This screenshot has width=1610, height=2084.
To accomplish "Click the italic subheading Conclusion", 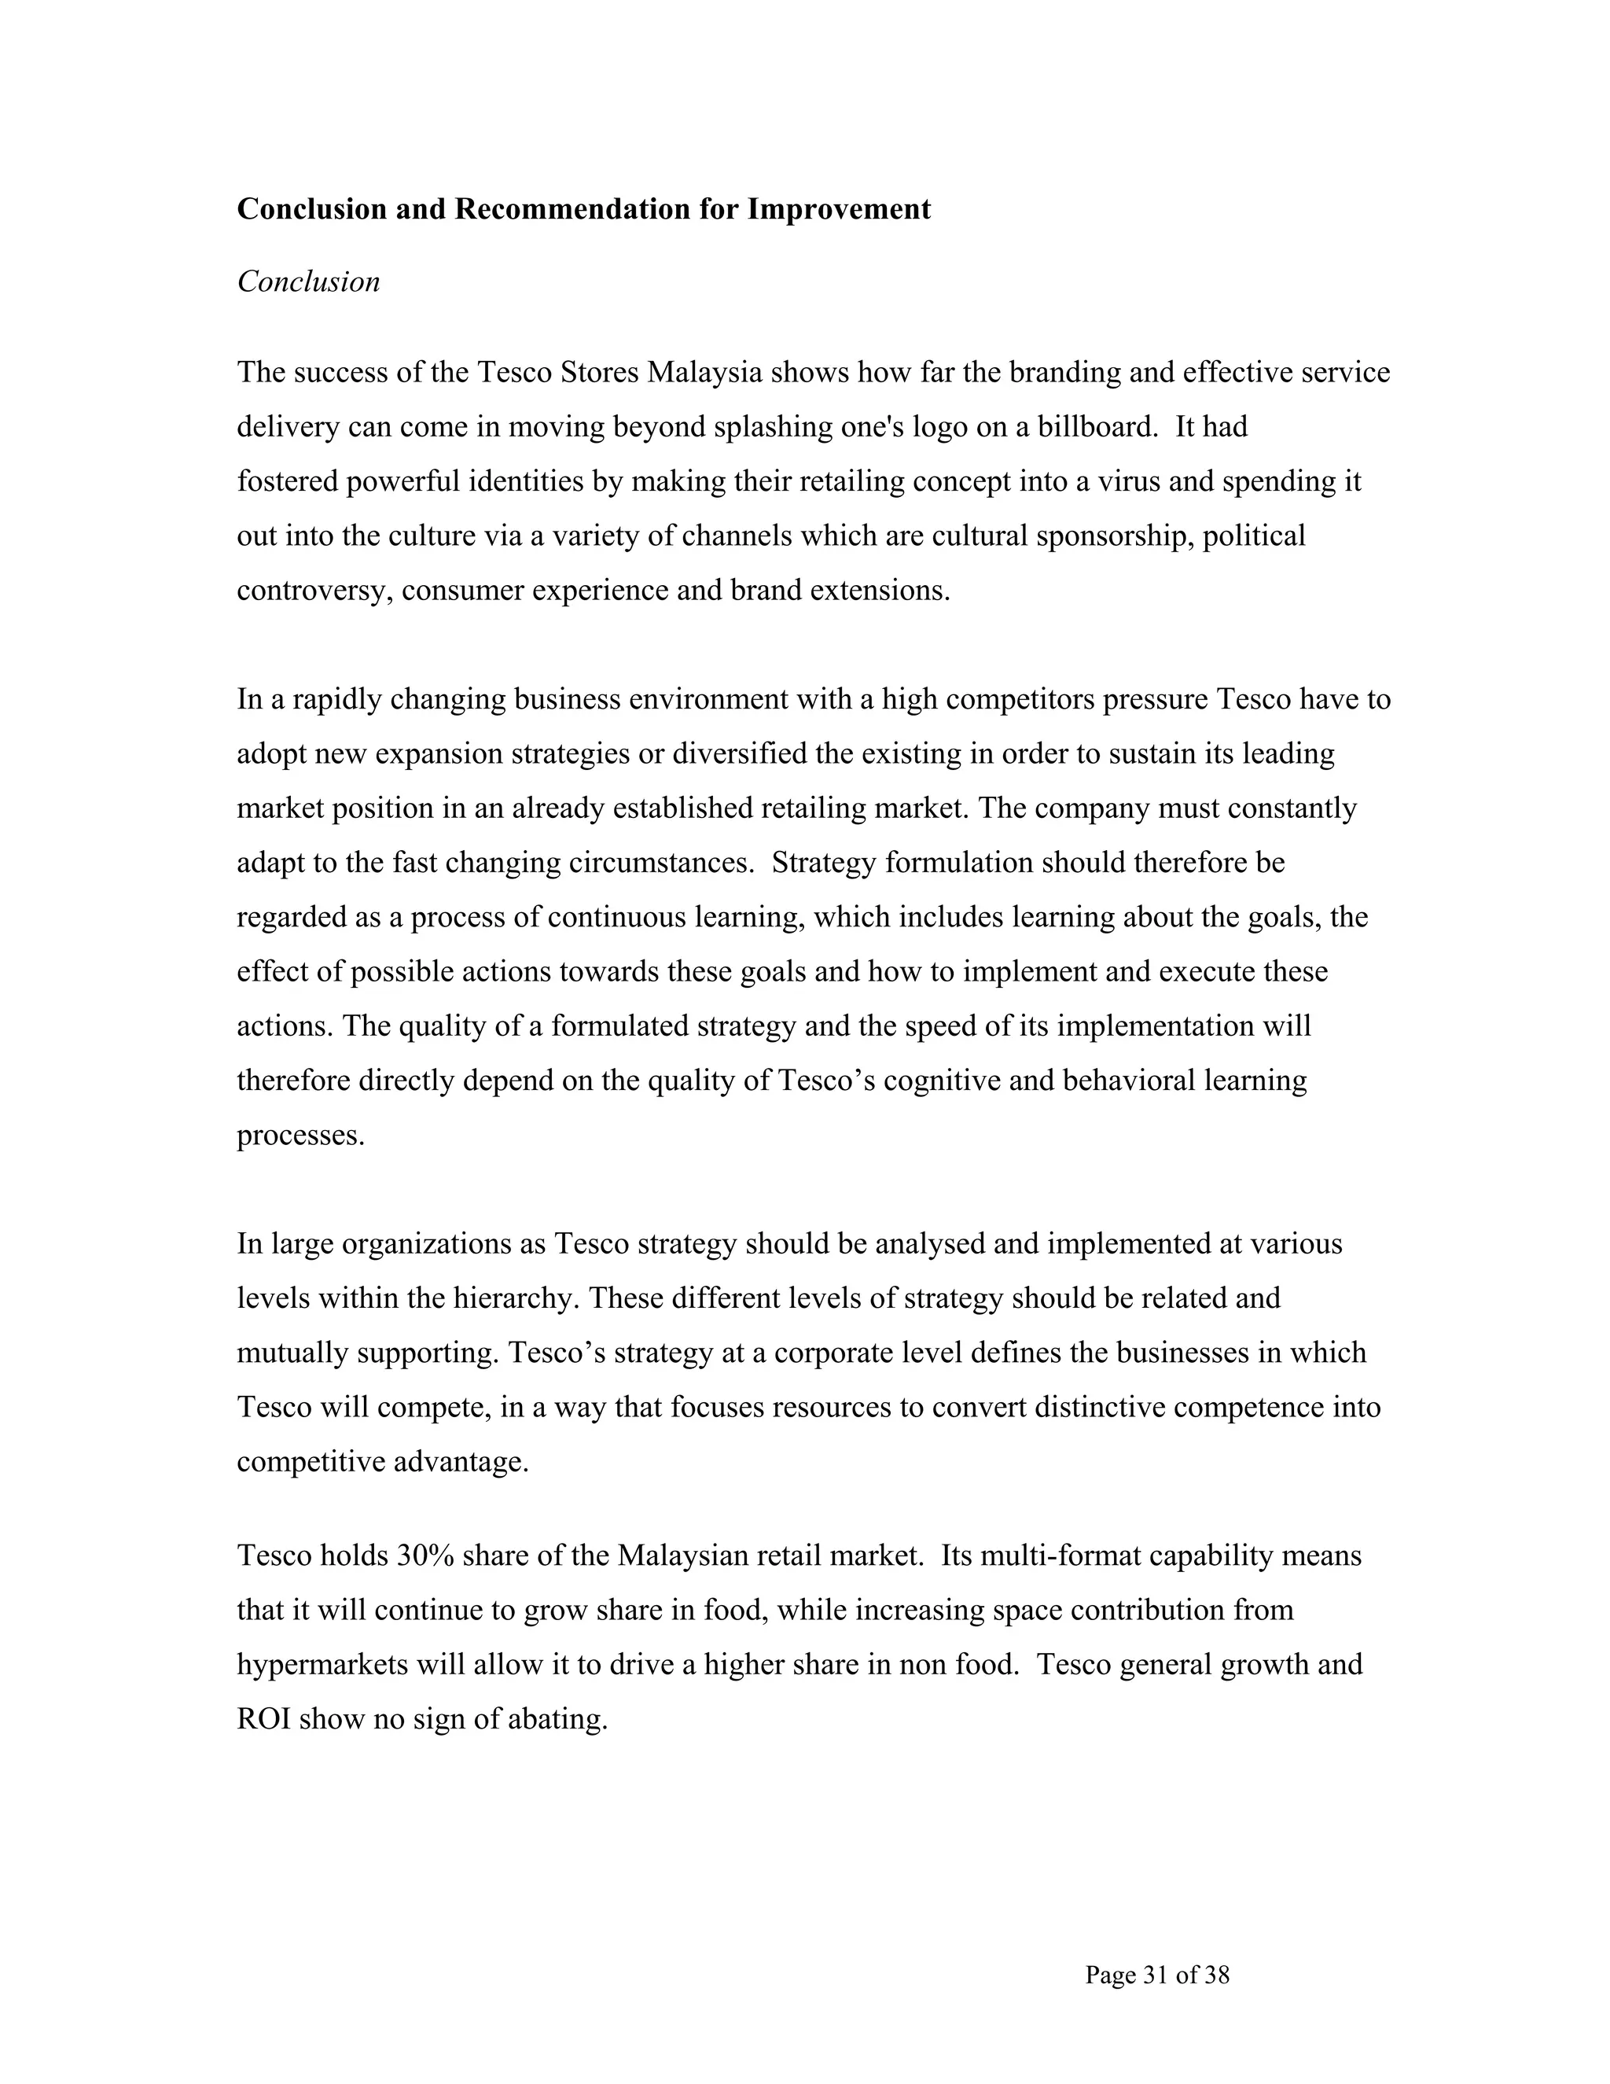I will pos(308,282).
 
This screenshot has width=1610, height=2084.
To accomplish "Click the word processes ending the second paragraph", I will pos(300,1136).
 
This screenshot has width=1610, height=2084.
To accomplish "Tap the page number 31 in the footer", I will pos(1155,1974).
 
